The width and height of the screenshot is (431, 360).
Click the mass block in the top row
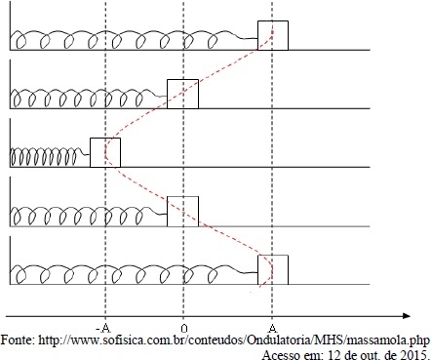(273, 35)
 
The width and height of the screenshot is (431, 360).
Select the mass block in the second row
(182, 94)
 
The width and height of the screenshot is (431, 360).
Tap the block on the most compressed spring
(105, 152)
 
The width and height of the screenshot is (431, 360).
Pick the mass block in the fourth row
(182, 212)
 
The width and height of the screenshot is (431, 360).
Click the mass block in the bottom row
(273, 269)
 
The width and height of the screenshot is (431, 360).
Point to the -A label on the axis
(103, 328)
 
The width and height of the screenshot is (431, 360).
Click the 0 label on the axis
(184, 329)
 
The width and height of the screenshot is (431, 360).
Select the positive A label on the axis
(274, 328)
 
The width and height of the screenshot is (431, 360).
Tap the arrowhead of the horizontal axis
(407, 316)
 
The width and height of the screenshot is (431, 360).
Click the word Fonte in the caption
(17, 340)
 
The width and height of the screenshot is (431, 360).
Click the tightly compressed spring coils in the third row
(45, 156)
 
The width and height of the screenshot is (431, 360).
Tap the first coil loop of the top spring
(20, 42)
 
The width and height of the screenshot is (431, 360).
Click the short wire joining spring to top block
(250, 39)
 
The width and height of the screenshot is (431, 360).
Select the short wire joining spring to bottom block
(250, 273)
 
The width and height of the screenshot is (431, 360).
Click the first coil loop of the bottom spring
(20, 276)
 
